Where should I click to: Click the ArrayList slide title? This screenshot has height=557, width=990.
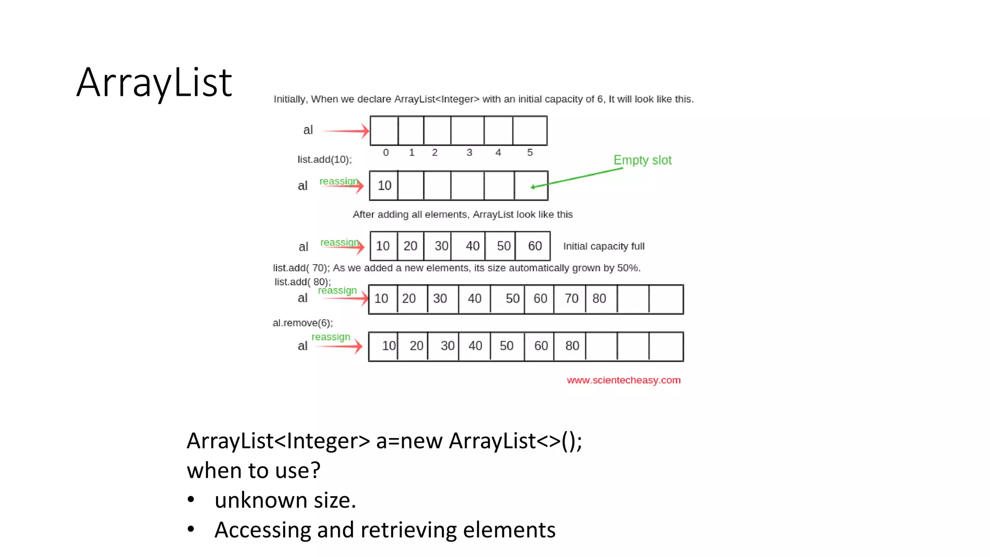[x=154, y=83]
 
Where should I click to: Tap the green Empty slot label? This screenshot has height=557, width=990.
[x=642, y=160]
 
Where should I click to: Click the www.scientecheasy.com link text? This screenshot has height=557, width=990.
[x=623, y=380]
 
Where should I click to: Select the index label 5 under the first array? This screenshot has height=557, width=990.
[x=530, y=152]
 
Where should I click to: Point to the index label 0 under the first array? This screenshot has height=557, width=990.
[x=386, y=152]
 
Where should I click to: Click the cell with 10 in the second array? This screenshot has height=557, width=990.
[x=384, y=186]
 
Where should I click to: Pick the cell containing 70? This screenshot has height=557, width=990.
[x=571, y=299]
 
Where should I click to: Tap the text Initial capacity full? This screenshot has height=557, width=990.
[x=603, y=246]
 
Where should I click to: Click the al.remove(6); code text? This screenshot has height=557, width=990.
[x=303, y=322]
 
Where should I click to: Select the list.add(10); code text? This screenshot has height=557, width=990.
[x=324, y=160]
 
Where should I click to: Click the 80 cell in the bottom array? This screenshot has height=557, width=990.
[x=572, y=346]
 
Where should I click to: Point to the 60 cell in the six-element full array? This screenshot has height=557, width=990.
[x=534, y=246]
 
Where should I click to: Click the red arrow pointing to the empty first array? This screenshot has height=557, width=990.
[x=345, y=131]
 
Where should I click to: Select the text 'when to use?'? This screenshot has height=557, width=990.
[x=253, y=470]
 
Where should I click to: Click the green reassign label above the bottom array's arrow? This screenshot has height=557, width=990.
[x=331, y=337]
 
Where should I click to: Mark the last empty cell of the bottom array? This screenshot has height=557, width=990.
[x=666, y=346]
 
